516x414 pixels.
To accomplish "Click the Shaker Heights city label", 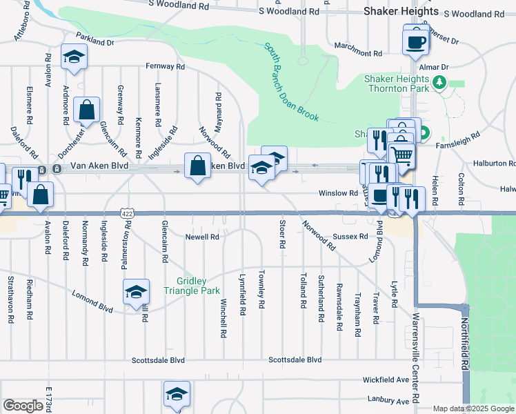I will tap(400, 11).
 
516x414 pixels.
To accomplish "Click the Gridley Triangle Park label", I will tap(197, 286).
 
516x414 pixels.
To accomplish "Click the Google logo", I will tap(23, 406).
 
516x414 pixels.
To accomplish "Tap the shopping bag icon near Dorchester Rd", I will tap(87, 110).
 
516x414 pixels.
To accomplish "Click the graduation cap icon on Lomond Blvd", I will tap(136, 292).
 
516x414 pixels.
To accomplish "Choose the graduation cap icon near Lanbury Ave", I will tap(177, 394).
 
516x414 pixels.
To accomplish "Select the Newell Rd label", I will tap(202, 237).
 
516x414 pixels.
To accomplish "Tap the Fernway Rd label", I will tap(166, 67).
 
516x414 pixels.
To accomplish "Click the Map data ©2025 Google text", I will tap(473, 408).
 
